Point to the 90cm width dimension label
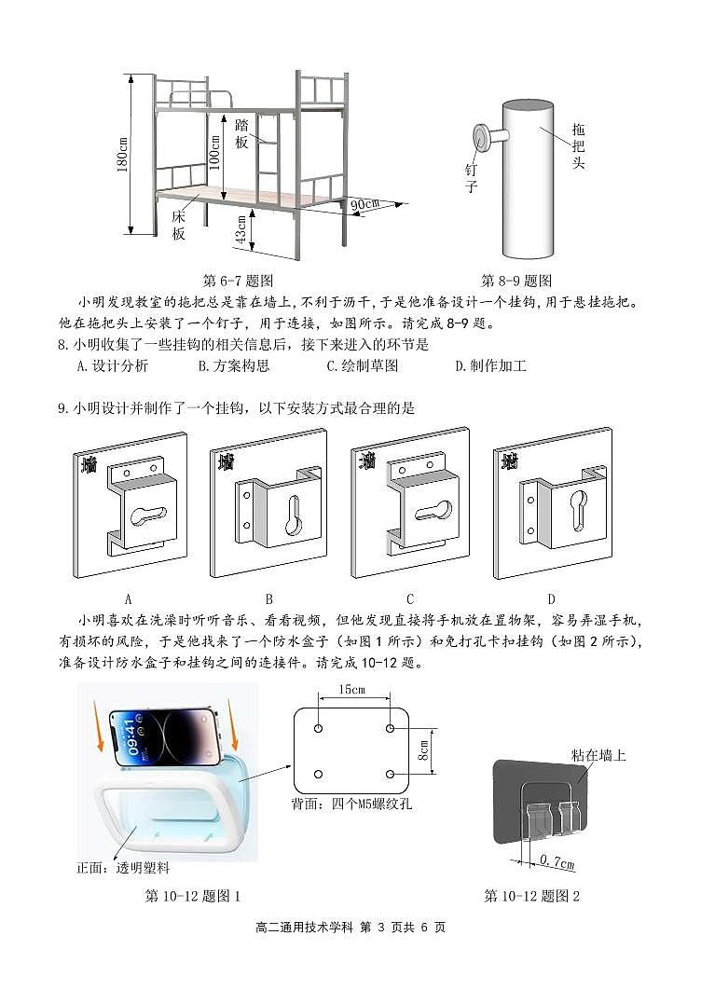coord(364,204)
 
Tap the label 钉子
coord(472,178)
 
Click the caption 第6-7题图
coord(238,281)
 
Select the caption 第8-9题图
coord(516,281)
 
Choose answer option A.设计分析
coord(112,366)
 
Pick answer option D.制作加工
coord(490,366)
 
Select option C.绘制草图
coord(362,366)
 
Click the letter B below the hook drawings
coord(269,599)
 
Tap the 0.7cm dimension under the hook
coord(557,863)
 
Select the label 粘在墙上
coord(600,755)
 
